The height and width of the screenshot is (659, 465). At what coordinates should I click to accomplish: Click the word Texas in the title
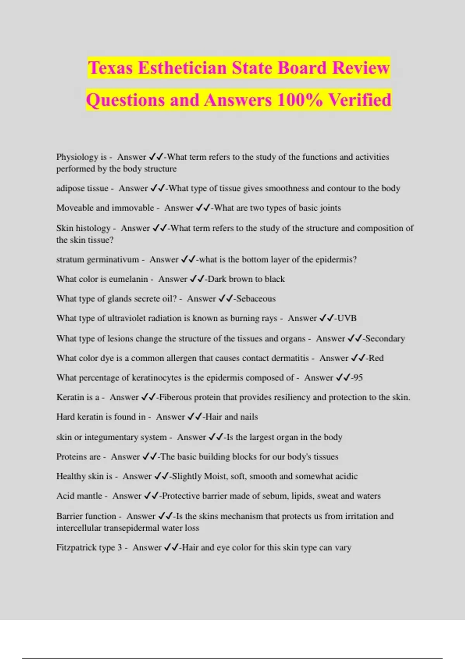[110, 68]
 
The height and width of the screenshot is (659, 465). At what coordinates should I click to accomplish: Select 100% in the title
[300, 100]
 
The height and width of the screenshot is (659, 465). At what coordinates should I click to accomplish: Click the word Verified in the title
[360, 100]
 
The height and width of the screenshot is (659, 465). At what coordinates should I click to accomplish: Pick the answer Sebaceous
[256, 298]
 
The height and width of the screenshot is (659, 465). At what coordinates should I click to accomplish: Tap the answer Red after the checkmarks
[376, 358]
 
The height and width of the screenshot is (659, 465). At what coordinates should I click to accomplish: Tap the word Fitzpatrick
[76, 548]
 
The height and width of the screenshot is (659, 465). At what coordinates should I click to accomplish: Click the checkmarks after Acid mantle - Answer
[151, 496]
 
